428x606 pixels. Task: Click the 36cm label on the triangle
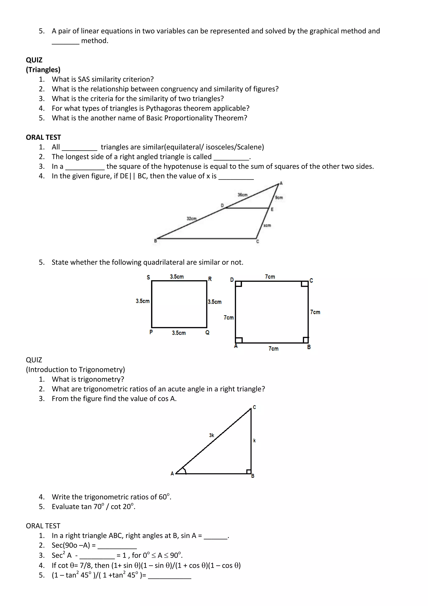point(242,195)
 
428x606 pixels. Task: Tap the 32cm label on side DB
point(192,219)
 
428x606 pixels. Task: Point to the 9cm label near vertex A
point(279,197)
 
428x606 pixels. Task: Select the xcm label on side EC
point(267,225)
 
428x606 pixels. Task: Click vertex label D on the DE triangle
point(222,205)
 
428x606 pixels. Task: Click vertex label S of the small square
point(148,277)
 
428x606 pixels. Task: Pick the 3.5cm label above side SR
point(177,277)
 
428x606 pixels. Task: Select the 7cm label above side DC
point(270,277)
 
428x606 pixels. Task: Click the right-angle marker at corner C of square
point(305,284)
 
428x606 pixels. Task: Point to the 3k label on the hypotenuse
point(212,435)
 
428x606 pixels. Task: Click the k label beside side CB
point(254,440)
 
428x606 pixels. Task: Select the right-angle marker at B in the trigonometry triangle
point(248,471)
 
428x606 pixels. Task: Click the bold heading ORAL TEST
point(43,137)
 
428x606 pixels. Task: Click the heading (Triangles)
point(43,70)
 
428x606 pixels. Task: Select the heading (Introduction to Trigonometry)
point(75,369)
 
